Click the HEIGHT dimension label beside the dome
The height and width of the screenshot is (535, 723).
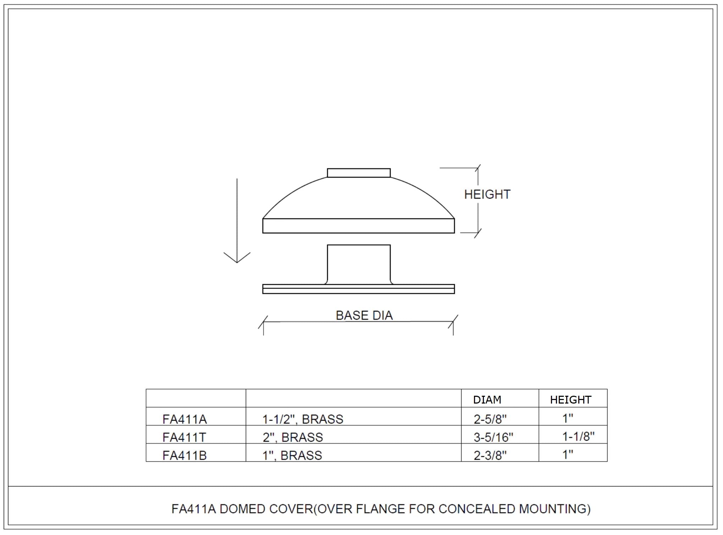tap(487, 194)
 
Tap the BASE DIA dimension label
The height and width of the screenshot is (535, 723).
tap(364, 315)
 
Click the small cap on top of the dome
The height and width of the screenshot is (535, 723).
tap(359, 173)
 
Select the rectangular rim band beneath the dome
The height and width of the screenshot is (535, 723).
tap(359, 226)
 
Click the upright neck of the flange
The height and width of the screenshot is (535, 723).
tap(359, 264)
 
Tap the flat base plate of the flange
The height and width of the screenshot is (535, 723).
tap(359, 289)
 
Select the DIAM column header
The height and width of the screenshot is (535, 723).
tap(487, 400)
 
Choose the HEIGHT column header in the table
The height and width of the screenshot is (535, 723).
tap(570, 400)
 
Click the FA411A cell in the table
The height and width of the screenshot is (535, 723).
tap(184, 420)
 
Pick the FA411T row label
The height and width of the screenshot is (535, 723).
tap(184, 438)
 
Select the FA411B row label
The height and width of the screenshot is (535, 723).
tap(184, 456)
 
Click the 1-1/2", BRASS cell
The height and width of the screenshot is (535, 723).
tap(303, 420)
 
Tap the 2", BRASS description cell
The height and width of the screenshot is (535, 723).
tap(293, 438)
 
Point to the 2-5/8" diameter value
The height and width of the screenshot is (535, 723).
tap(490, 420)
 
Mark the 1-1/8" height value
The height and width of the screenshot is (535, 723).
tap(579, 437)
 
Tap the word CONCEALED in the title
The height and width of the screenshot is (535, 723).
tap(477, 509)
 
